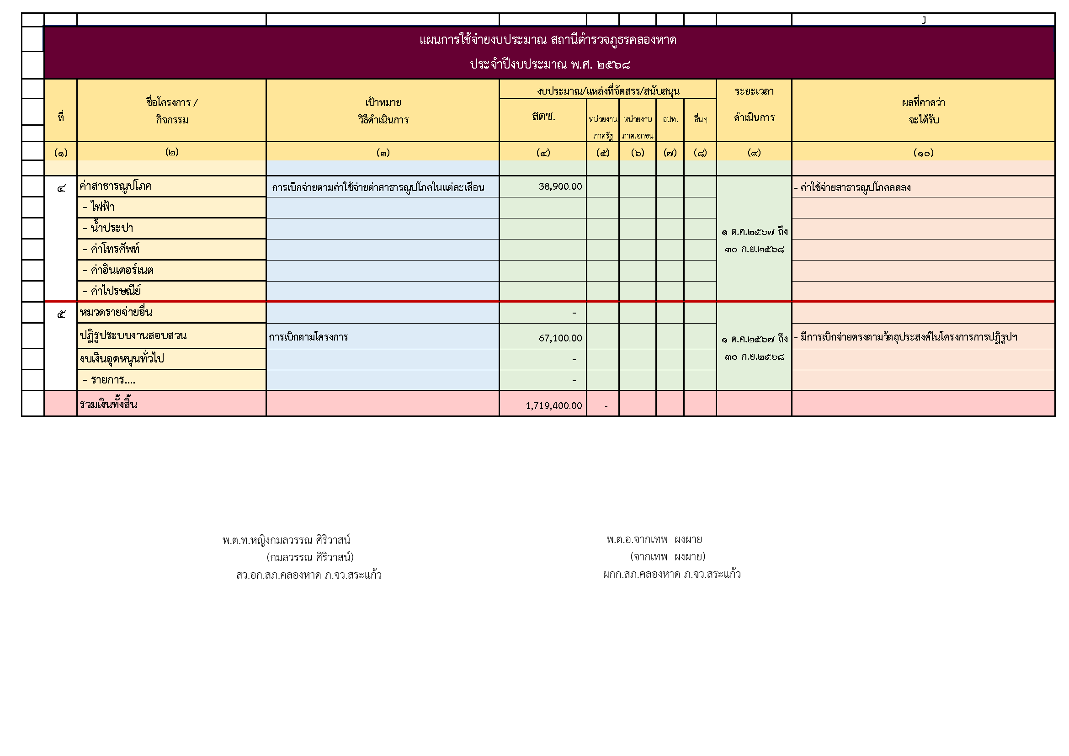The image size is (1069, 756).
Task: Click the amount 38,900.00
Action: coord(560,186)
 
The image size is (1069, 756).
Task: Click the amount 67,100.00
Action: coord(560,338)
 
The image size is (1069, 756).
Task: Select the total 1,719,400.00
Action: coord(553,405)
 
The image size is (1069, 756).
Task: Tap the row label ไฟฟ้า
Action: coord(99,207)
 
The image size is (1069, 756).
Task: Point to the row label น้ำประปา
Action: coord(108,228)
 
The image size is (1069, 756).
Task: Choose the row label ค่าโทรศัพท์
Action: coord(111,249)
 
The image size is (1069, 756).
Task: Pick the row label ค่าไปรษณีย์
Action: coord(112,291)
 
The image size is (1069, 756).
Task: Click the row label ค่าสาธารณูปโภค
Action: coord(116,186)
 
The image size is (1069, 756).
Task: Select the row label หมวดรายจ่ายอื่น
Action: coord(116,312)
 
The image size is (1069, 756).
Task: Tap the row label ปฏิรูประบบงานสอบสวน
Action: coord(133,335)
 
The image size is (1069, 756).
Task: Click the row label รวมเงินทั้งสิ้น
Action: coord(108,404)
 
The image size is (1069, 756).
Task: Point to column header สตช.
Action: coord(543,117)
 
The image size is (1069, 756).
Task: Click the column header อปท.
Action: coord(670,119)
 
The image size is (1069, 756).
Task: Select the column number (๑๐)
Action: coord(923,153)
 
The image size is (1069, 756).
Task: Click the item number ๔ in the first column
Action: coord(61,188)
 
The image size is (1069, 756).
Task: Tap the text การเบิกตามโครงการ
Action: coord(308,337)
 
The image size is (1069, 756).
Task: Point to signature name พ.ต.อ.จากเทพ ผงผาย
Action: coord(654,539)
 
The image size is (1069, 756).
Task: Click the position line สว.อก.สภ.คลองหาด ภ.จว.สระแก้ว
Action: coord(308,575)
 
